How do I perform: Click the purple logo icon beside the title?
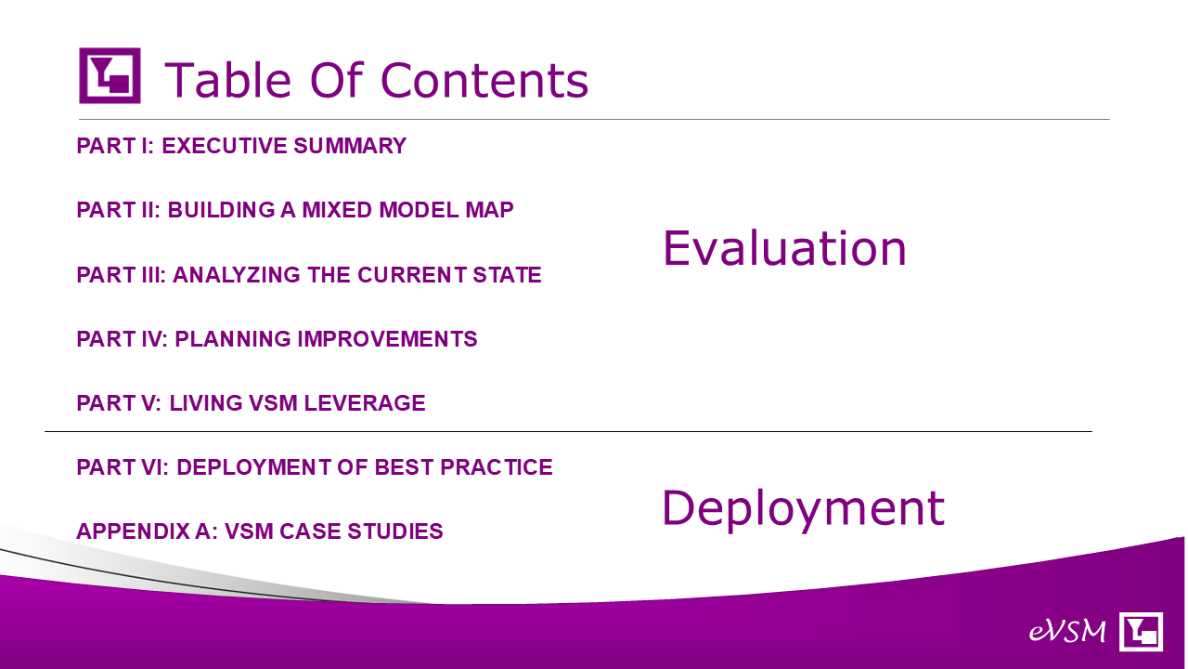110,75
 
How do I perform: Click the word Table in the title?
228,80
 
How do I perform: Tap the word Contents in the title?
484,80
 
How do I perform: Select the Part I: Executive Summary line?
241,146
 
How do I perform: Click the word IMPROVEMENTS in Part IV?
387,339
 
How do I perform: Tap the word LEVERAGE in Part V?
365,403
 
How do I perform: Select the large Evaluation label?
784,248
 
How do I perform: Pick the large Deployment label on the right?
804,508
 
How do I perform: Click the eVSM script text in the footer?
1067,631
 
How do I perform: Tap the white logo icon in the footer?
1141,631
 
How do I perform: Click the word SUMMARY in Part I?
350,146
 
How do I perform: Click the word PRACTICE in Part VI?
497,467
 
